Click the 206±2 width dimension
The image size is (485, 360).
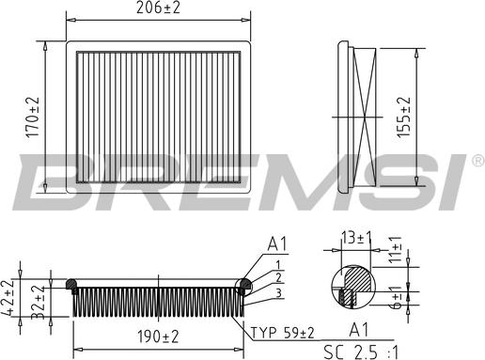[158, 8]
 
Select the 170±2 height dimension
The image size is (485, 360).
[33, 117]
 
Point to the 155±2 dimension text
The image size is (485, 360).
[403, 117]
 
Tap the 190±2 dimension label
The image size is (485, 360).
[158, 337]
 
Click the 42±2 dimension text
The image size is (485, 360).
[8, 297]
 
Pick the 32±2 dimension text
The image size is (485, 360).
[39, 303]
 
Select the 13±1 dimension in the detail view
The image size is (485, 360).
[357, 239]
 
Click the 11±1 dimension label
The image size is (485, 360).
[396, 249]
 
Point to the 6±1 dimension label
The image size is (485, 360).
[397, 296]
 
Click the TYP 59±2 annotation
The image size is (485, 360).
[282, 333]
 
